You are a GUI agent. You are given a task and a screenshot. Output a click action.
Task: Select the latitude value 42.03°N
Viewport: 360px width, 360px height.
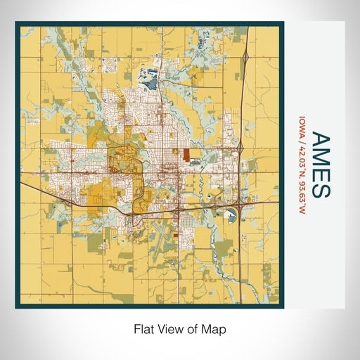302,156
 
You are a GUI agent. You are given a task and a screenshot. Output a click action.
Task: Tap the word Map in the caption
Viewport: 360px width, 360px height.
215,328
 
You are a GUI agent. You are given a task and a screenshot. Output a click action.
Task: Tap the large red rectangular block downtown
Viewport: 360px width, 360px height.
186,155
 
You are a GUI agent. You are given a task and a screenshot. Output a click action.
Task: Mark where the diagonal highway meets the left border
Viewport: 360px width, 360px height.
21,184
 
